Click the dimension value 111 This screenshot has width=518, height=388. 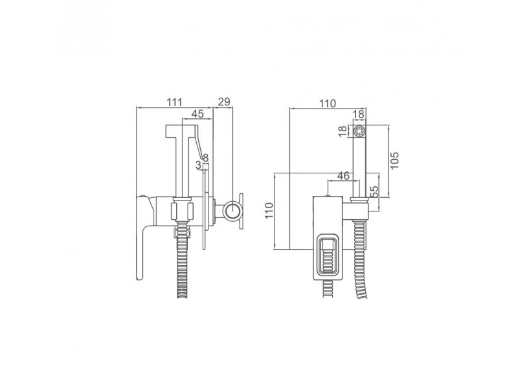174,102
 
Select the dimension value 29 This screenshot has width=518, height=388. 224,102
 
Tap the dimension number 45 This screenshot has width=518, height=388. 197,114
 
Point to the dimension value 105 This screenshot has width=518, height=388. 394,160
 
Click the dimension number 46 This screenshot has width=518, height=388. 343,176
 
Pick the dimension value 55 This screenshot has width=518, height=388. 374,191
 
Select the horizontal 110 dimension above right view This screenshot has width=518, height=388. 328,103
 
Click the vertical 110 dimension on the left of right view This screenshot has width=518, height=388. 269,211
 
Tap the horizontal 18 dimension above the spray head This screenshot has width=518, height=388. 359,114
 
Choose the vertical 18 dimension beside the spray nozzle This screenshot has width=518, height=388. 344,131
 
